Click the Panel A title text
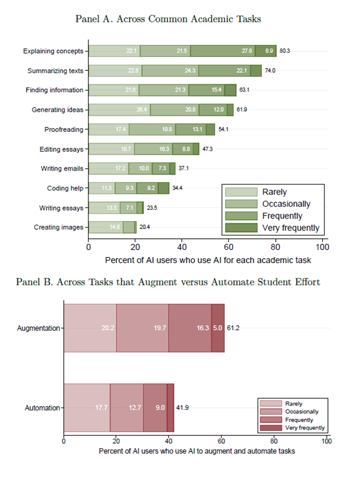(x=168, y=19)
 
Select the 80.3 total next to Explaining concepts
(x=285, y=51)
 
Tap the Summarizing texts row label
(x=55, y=71)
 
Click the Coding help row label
(x=65, y=188)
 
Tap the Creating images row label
(x=58, y=227)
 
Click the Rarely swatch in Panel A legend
(x=241, y=192)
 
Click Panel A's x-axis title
(x=207, y=259)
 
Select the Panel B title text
(x=168, y=282)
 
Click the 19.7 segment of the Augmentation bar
(x=142, y=328)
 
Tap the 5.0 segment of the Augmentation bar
(x=218, y=328)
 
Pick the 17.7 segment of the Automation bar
(x=87, y=408)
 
